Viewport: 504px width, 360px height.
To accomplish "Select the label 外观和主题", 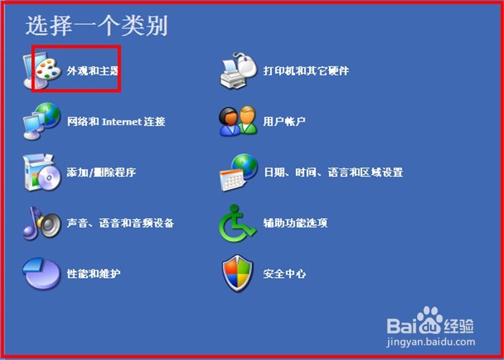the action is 93,71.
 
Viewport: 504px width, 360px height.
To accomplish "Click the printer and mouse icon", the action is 238,71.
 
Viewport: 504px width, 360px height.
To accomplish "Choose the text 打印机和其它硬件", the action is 306,71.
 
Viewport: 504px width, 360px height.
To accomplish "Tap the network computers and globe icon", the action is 42,121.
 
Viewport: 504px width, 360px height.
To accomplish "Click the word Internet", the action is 122,122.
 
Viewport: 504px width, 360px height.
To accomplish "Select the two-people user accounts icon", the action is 238,121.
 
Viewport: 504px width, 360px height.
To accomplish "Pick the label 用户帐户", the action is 284,122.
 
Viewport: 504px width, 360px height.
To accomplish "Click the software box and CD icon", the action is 42,172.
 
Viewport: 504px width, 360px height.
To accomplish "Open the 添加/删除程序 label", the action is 102,172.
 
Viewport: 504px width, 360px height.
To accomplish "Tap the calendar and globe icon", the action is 238,172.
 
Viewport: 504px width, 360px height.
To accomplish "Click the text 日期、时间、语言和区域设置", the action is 333,172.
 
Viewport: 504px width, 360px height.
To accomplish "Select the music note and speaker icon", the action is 42,223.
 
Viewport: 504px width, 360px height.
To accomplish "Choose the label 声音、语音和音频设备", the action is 120,223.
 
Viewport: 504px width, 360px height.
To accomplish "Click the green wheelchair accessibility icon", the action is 237,223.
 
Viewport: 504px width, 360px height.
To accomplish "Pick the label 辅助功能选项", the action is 295,223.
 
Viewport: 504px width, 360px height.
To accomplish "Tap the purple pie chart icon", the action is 42,274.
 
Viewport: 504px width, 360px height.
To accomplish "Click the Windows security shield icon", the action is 238,273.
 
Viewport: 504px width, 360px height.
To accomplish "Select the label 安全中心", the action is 284,274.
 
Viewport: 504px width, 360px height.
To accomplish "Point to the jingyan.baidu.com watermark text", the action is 431,343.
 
